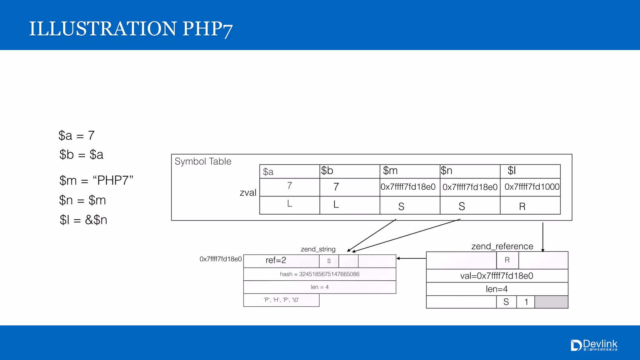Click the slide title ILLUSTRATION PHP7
(131, 29)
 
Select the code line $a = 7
(77, 136)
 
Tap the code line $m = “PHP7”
(96, 181)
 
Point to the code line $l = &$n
(83, 220)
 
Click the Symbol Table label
(203, 162)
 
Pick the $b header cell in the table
(349, 171)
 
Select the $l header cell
(530, 171)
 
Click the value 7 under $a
(289, 186)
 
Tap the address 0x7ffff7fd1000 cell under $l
(532, 187)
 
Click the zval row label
(248, 192)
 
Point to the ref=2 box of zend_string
(276, 260)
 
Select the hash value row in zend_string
(319, 274)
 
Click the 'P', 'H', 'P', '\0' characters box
(281, 300)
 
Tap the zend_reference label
(502, 246)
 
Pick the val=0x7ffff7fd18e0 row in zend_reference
(497, 276)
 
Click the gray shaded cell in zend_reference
(551, 302)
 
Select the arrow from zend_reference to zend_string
(411, 258)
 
